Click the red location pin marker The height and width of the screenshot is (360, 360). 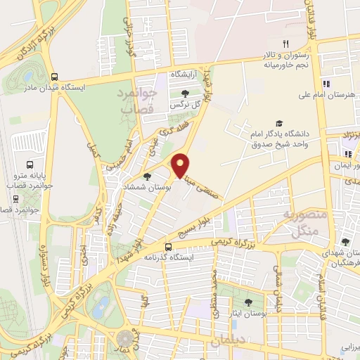[181, 165]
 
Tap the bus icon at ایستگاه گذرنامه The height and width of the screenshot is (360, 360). [168, 246]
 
